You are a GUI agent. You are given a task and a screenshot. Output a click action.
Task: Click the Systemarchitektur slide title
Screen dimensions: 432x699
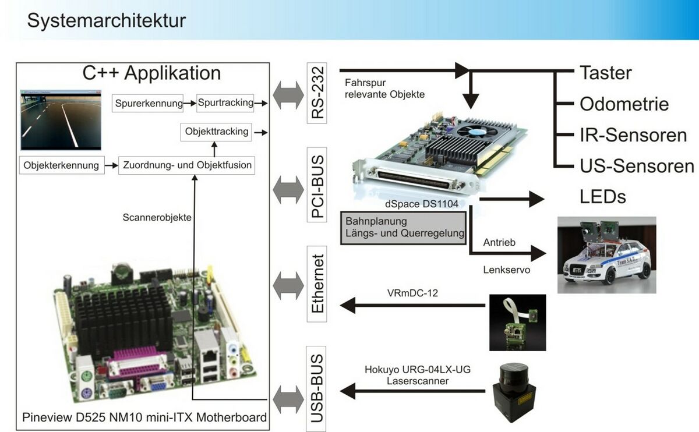[x=107, y=20]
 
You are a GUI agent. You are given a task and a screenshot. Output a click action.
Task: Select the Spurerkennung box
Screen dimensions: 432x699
[x=149, y=104]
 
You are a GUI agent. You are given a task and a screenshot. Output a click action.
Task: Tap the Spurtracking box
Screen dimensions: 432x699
[x=225, y=102]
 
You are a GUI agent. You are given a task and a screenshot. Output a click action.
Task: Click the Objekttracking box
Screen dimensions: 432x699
[x=217, y=132]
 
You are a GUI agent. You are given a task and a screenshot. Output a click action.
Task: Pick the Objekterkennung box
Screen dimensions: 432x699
[x=61, y=165]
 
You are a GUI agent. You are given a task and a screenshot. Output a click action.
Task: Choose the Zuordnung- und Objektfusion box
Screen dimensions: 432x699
[x=187, y=165]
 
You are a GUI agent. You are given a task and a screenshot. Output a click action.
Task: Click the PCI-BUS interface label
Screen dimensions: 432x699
[x=317, y=185]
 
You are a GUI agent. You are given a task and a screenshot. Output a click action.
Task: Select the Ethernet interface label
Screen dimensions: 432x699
[x=317, y=284]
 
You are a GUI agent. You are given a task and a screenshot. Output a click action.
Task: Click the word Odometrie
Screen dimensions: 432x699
[x=624, y=104]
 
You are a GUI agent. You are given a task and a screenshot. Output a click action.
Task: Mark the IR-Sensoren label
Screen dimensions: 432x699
[x=633, y=135]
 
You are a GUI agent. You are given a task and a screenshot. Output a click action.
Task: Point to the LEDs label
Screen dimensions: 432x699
[x=602, y=197]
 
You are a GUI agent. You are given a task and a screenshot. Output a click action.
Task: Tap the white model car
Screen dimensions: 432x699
[x=606, y=256]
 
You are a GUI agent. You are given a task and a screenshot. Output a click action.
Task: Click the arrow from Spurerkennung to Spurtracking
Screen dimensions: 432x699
[x=190, y=104]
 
